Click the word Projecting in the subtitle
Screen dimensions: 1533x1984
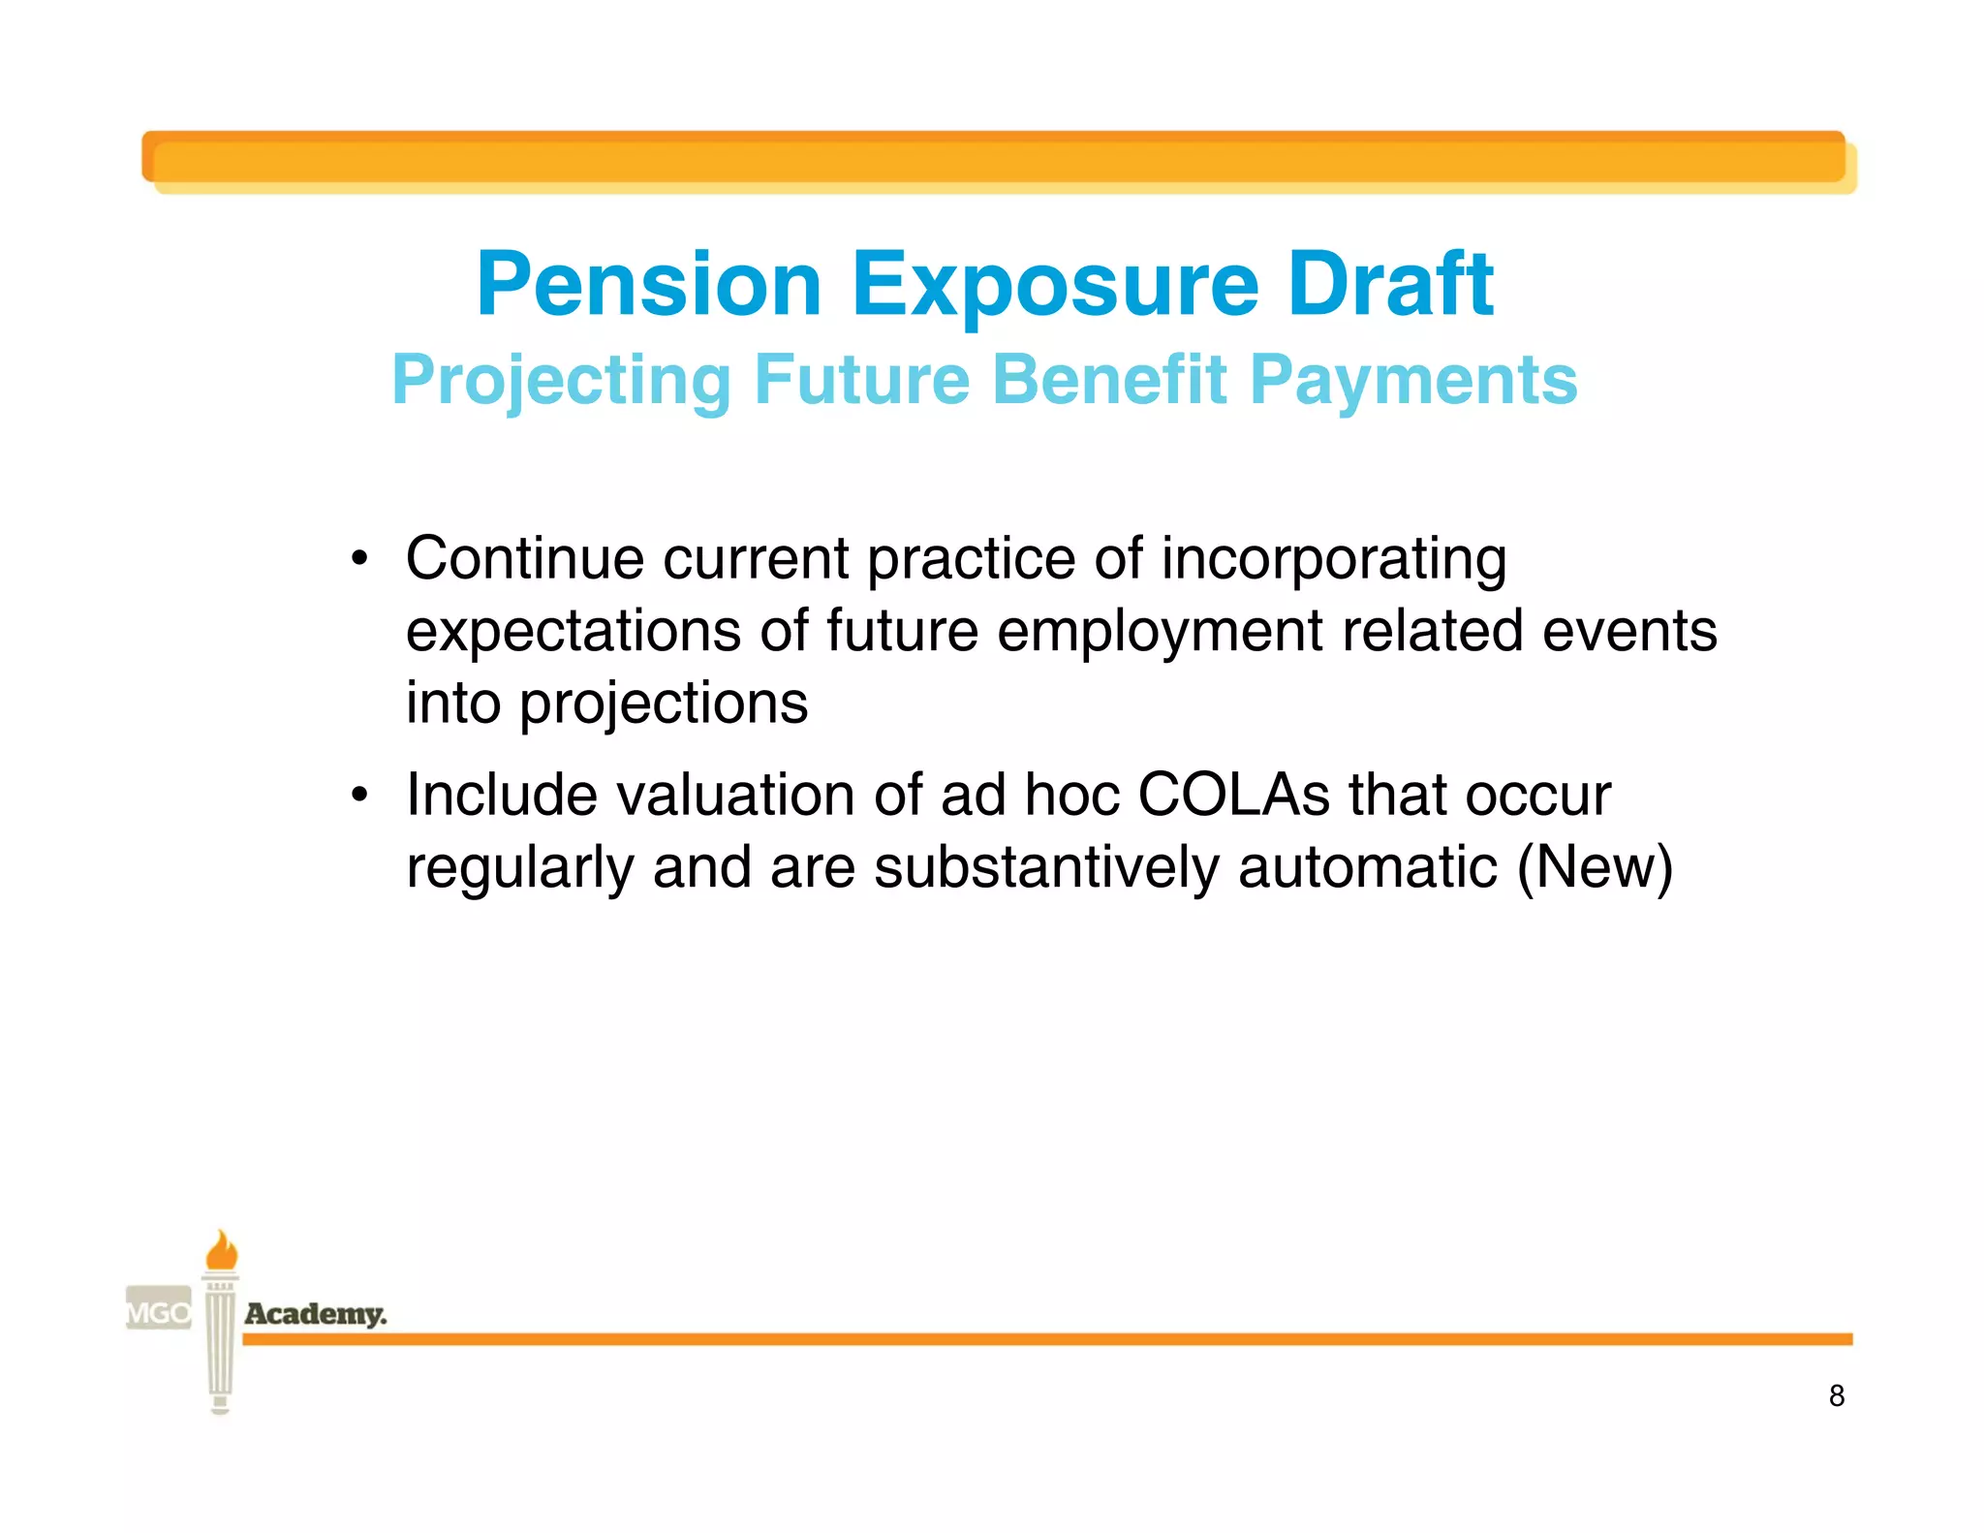[x=561, y=380]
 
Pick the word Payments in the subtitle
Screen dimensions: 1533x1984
[x=1413, y=380]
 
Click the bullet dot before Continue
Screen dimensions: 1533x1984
[x=359, y=559]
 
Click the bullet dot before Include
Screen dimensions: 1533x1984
[x=359, y=796]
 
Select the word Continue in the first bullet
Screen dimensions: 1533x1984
[x=524, y=559]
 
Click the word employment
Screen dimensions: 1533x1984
[x=1160, y=631]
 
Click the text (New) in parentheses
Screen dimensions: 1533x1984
[x=1595, y=867]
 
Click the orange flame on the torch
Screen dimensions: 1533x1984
[x=221, y=1251]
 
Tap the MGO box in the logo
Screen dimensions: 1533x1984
[x=159, y=1313]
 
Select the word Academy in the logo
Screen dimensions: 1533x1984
[x=315, y=1314]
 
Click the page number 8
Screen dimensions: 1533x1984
[x=1836, y=1395]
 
